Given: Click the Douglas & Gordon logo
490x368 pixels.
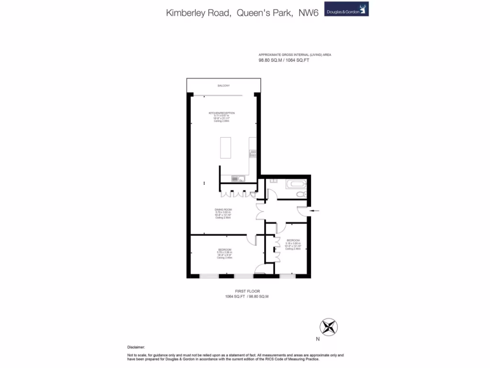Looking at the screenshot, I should point(346,9).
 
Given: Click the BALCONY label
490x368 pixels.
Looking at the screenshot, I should point(223,85).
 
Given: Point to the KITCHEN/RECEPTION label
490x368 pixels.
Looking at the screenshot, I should point(222,113).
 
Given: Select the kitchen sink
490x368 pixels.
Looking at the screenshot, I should point(237,179).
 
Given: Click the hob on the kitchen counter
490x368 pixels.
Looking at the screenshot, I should point(253,154).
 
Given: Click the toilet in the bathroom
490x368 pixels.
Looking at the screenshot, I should point(300,194).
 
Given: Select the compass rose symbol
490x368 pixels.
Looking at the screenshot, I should point(329,327).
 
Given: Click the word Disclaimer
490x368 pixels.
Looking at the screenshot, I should point(135,346).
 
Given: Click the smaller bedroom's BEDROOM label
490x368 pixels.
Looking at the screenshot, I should point(293,240).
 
